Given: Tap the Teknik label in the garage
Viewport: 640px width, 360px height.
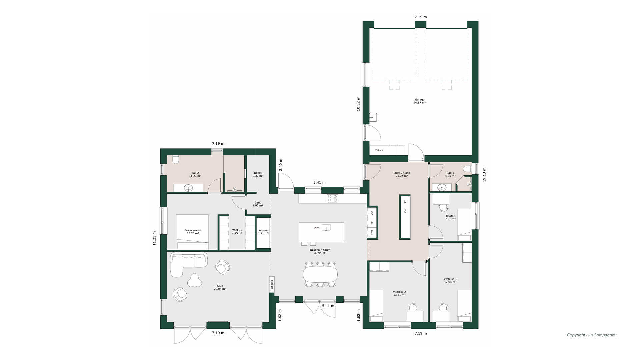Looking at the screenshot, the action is (x=379, y=150).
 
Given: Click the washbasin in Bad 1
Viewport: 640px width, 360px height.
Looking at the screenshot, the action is (x=442, y=187).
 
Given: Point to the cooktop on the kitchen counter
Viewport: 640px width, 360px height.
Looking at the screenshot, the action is (x=332, y=198).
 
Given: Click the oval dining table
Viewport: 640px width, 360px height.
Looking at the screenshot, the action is (x=320, y=274).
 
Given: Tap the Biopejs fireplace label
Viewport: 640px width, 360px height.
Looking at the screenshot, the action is (x=272, y=284).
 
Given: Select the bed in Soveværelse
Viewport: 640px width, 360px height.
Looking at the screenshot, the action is (x=192, y=232).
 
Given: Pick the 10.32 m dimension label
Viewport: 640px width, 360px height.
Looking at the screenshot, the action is (x=358, y=104).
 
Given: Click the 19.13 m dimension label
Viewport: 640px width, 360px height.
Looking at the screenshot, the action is (x=484, y=175).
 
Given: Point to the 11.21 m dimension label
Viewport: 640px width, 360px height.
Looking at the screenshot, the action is (x=154, y=238).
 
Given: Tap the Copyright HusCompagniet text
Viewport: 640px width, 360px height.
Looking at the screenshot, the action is (x=592, y=335).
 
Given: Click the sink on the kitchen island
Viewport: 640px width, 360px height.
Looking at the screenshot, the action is (x=326, y=228).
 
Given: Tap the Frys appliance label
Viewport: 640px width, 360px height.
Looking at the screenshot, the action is (x=372, y=232).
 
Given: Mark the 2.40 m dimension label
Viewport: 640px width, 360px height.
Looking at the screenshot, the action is (x=280, y=165).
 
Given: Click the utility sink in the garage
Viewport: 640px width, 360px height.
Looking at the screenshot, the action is (x=373, y=117).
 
